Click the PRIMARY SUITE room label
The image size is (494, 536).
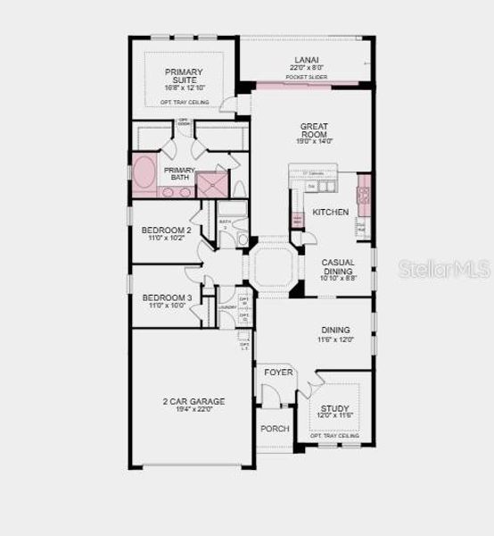point(184,77)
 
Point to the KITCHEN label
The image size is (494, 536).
point(330,213)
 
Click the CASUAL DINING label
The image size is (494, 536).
point(337,266)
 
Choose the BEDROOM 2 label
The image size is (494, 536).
point(167,230)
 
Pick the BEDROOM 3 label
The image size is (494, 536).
point(167,297)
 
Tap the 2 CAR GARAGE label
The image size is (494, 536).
point(193,402)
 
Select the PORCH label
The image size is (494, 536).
point(275,429)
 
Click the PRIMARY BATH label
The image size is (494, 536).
point(179,174)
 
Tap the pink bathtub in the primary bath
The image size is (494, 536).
point(144,173)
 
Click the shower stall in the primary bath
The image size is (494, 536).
point(211,184)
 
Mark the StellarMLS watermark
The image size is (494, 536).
point(445,268)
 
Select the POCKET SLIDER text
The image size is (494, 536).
point(306,78)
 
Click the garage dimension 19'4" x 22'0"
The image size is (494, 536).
point(193,410)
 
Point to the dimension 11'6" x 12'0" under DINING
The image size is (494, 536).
point(335,339)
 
